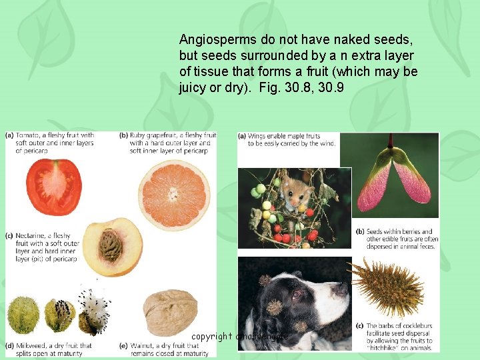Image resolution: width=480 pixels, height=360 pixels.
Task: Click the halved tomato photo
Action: (54, 187)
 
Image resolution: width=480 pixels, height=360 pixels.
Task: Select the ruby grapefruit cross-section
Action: (173, 193)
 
